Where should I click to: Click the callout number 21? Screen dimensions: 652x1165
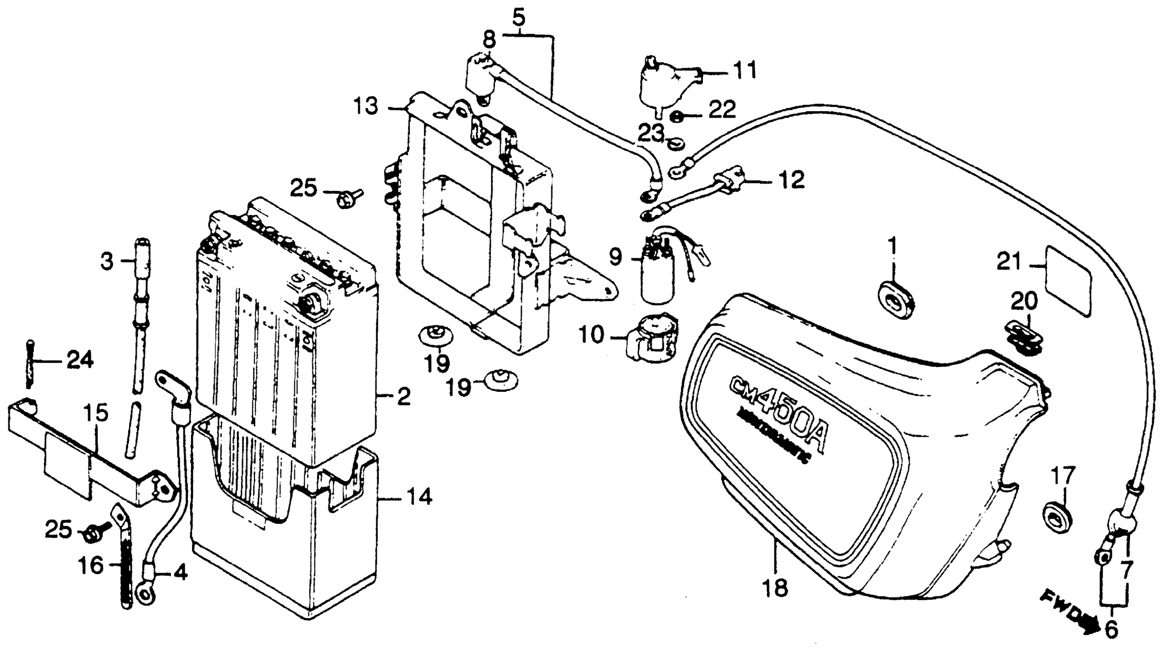(x=1009, y=262)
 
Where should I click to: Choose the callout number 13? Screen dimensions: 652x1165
(x=365, y=107)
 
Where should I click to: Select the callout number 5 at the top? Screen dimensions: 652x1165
(x=518, y=18)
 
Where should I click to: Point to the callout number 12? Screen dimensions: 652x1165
(x=791, y=180)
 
